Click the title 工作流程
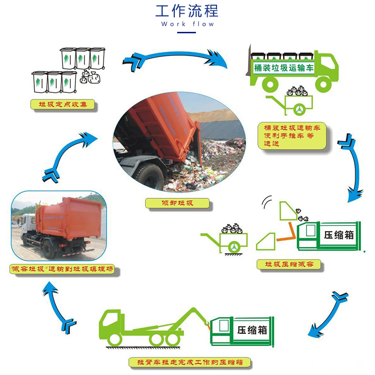(187, 11)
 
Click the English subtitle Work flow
(187, 24)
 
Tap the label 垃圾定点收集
(63, 104)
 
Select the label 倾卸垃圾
(177, 203)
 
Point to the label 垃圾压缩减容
(289, 264)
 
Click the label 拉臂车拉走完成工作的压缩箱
(190, 362)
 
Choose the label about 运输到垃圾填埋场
(62, 269)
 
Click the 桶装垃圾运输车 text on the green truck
(284, 68)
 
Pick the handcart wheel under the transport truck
(299, 110)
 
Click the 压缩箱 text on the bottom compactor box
(252, 330)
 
